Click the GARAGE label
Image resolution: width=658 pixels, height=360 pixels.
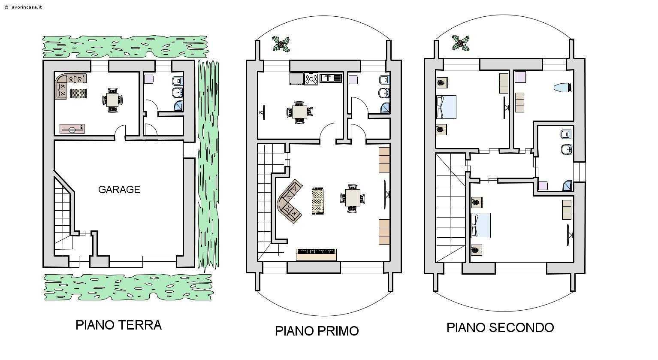point(119,190)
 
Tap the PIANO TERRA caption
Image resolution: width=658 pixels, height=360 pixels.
point(119,325)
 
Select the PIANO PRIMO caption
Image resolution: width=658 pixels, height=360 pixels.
point(317,331)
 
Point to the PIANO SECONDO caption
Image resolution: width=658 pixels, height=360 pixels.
point(500,327)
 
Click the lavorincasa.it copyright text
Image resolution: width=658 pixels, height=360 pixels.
point(23,7)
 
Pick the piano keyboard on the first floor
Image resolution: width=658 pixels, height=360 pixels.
point(316,255)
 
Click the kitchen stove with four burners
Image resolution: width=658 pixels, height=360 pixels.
point(311,79)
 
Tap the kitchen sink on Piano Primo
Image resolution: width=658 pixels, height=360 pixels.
point(331,78)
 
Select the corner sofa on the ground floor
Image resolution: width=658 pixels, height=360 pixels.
point(70,86)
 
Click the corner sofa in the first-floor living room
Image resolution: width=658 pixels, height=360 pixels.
point(290,202)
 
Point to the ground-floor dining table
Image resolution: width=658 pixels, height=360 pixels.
point(112,100)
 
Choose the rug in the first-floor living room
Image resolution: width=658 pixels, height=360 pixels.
point(317,201)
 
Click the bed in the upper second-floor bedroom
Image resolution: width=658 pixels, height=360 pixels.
point(446,107)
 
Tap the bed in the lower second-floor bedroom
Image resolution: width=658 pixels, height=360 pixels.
point(481,225)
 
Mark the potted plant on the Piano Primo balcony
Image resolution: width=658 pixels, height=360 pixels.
point(281,44)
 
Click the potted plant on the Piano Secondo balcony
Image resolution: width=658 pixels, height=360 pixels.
point(461,43)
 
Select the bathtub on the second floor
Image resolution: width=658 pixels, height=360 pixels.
point(562,88)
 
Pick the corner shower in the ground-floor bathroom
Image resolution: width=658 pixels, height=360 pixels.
point(178,106)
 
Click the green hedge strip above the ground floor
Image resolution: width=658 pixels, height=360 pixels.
point(125,47)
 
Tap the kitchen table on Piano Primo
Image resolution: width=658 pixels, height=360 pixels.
point(300,112)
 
